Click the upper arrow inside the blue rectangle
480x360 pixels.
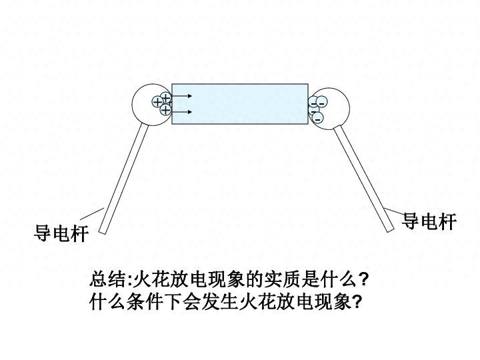click(181, 97)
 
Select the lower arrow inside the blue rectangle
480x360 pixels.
click(181, 111)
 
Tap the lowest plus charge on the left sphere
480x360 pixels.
click(165, 110)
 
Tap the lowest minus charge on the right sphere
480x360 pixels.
click(318, 118)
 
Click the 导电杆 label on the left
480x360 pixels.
click(61, 235)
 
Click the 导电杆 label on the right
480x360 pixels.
click(429, 222)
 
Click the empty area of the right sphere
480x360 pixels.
click(337, 107)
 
